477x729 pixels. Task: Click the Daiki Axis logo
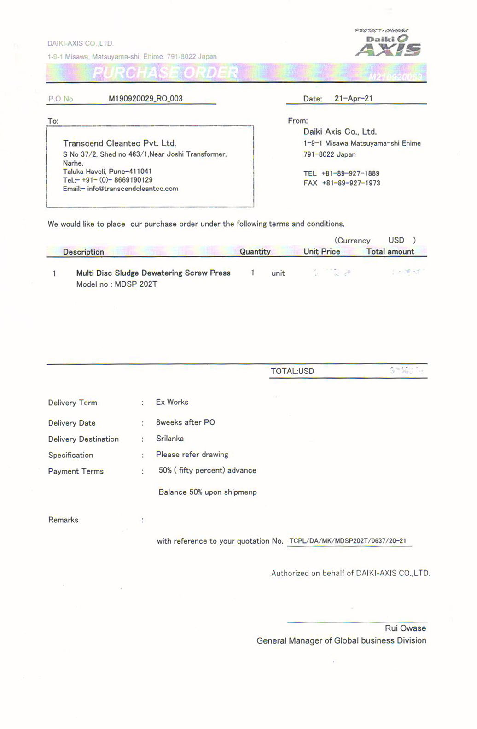(388, 44)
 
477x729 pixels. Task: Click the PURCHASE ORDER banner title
(165, 73)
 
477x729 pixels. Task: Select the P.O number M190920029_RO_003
(145, 99)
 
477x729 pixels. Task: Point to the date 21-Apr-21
(353, 99)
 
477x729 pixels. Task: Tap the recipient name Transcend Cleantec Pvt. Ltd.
(120, 143)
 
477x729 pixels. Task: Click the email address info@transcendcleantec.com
(133, 189)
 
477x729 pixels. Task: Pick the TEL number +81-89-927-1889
(350, 173)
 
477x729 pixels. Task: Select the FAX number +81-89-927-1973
(351, 183)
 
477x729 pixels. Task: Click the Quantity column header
(255, 252)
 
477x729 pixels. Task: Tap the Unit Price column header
(322, 252)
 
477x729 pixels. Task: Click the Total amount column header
(390, 252)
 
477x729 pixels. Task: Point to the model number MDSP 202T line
(117, 284)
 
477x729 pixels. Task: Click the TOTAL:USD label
(292, 372)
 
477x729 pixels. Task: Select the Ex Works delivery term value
(172, 402)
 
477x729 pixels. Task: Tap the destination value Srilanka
(170, 439)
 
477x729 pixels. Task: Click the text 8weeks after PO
(186, 422)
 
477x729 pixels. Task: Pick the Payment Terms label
(76, 471)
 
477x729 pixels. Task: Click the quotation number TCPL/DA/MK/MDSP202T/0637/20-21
(348, 541)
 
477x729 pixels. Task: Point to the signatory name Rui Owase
(405, 628)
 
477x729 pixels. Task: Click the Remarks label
(64, 520)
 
